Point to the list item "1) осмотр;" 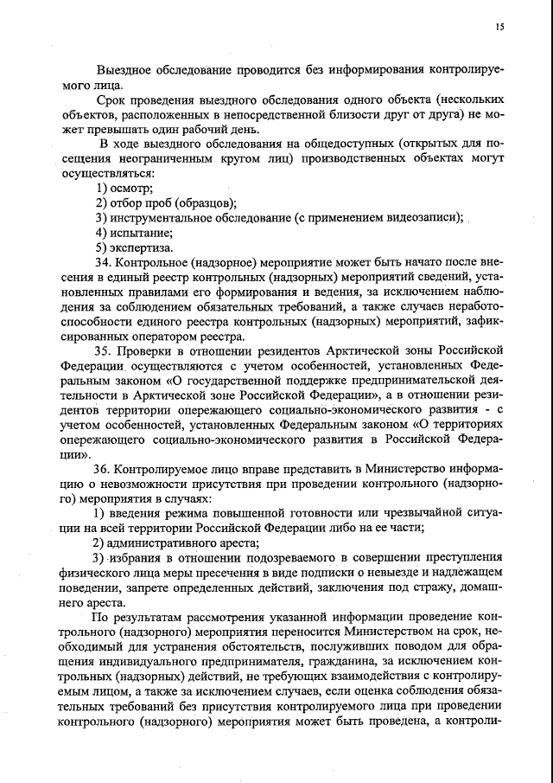[124, 189]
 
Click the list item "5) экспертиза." [136, 247]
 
